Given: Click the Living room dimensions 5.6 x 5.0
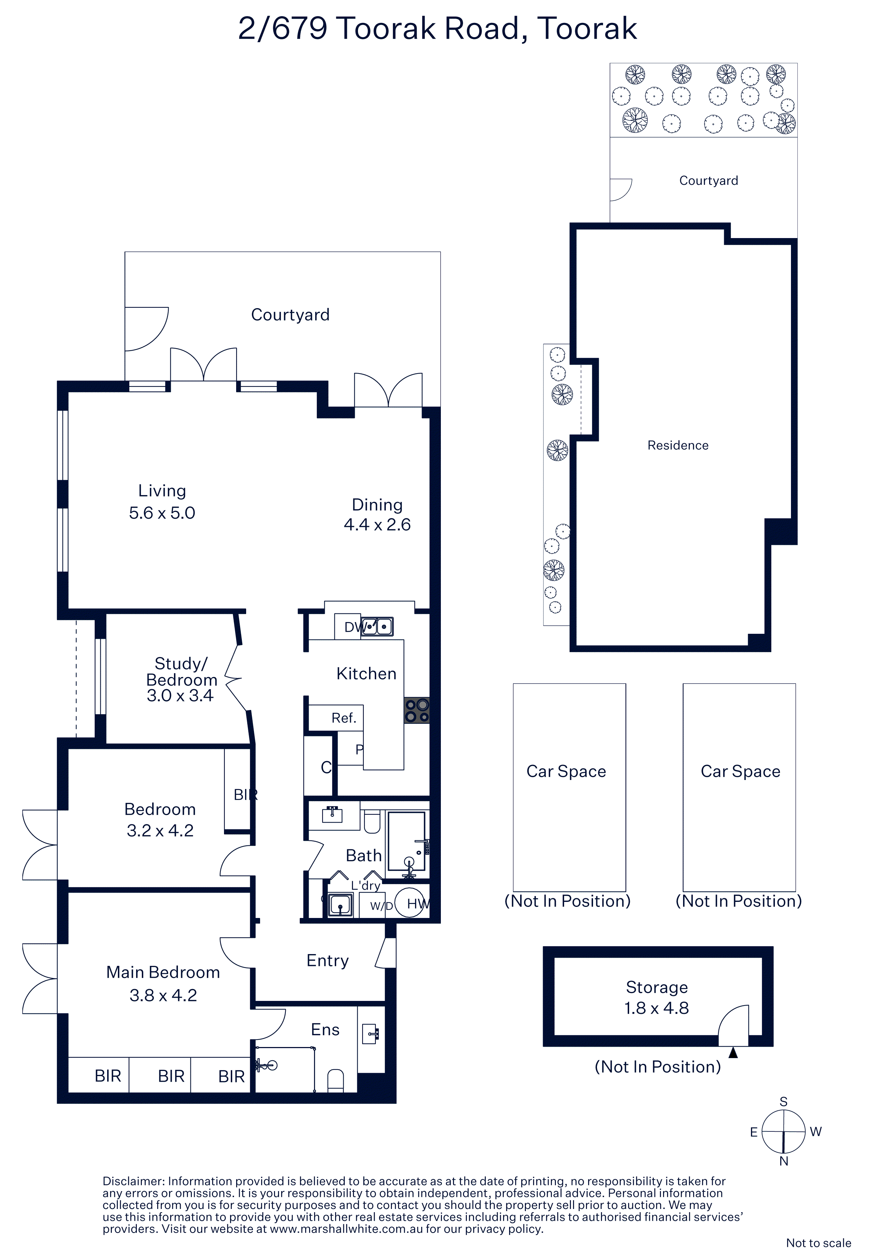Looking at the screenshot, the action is tap(162, 513).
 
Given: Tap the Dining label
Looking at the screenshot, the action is tap(377, 505).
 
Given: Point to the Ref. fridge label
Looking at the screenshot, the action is tap(344, 718).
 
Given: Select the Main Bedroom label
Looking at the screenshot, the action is tap(163, 972).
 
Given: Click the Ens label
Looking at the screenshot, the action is tap(325, 1030).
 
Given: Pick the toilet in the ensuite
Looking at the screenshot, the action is tap(335, 1080).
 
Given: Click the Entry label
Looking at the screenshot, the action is tap(328, 961).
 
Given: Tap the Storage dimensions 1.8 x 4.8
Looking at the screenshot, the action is tap(657, 1008).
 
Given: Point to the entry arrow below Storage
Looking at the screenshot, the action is tap(733, 1052).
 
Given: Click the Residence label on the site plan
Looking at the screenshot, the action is tap(678, 445).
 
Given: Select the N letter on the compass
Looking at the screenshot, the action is tap(784, 1161).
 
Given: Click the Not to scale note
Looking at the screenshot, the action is tap(819, 1243).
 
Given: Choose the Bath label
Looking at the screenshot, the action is tap(364, 855).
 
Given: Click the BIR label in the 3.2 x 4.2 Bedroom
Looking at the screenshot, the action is tap(245, 795).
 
